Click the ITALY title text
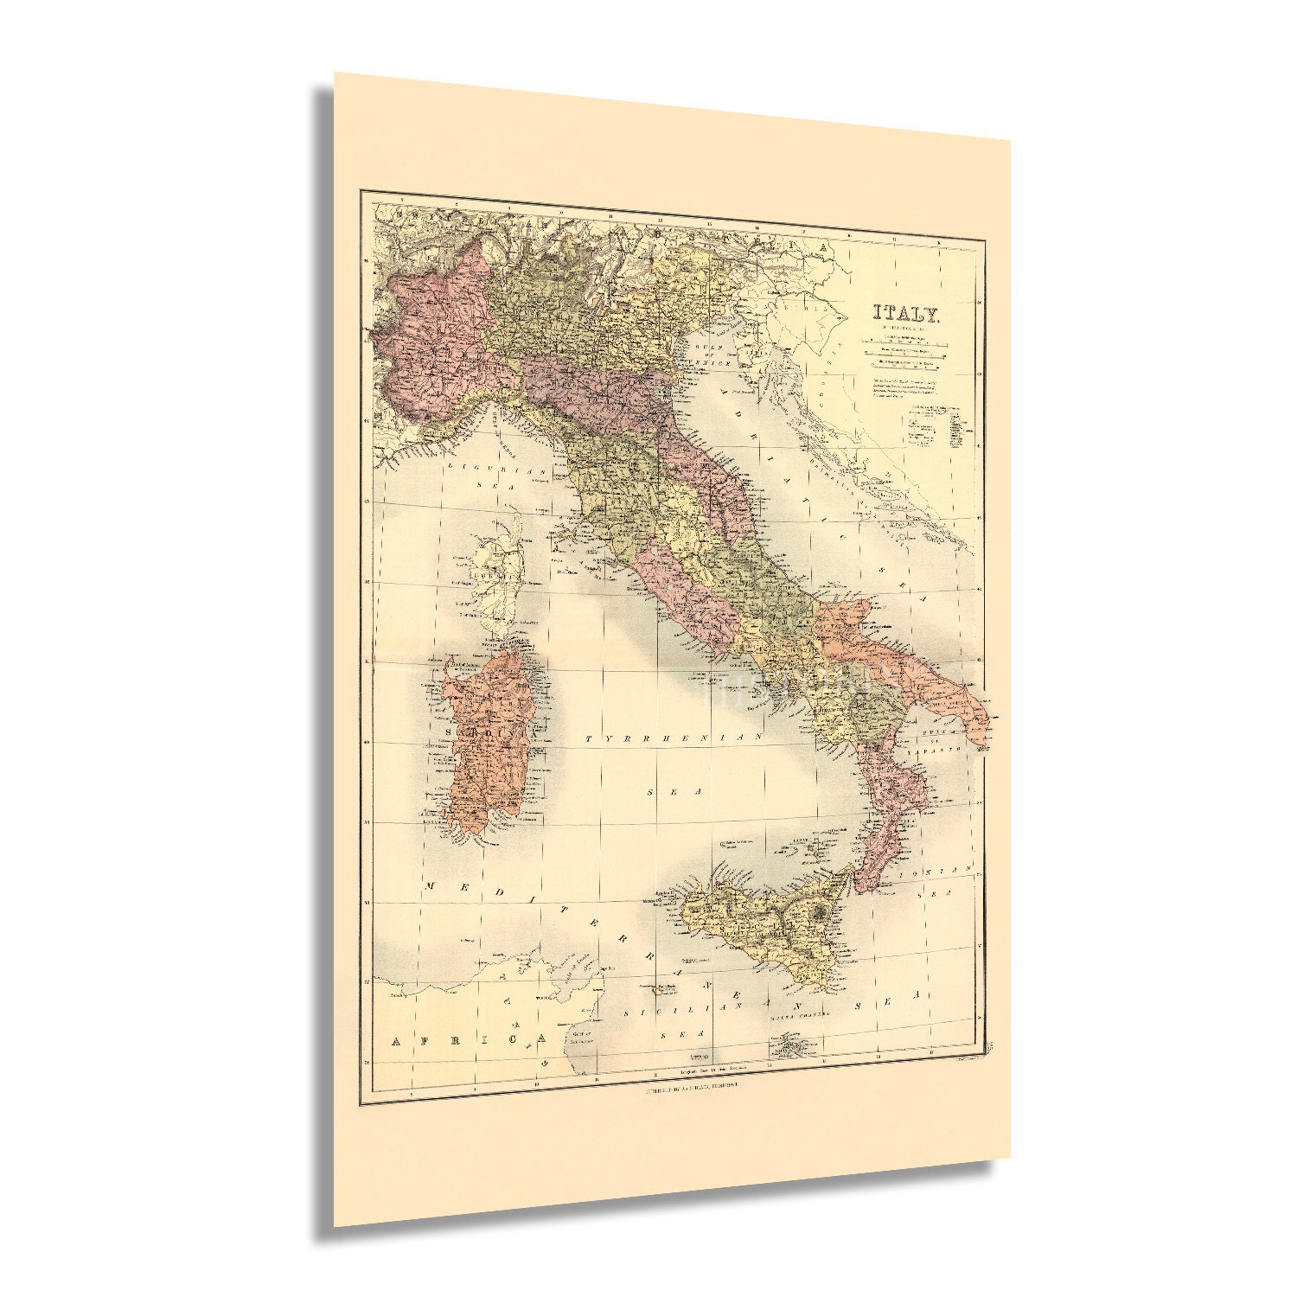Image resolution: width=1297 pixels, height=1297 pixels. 905,313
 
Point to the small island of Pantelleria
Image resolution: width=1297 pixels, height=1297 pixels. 661,988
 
